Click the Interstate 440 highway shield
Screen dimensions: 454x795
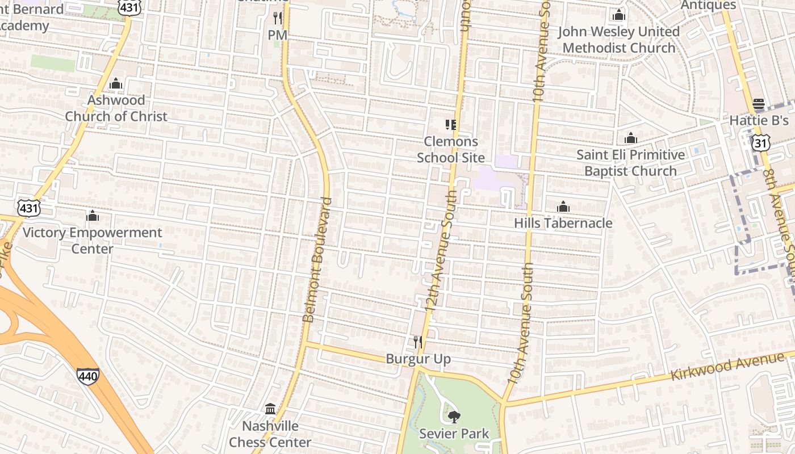(x=88, y=375)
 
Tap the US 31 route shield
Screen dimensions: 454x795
(x=761, y=142)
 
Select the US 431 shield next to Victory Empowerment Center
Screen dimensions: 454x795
(x=28, y=208)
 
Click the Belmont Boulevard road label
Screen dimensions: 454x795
(x=317, y=259)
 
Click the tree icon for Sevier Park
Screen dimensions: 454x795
(x=454, y=417)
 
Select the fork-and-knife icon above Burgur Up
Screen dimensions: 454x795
(x=418, y=342)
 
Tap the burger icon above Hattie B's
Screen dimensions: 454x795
(x=759, y=104)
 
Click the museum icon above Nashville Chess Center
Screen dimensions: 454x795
(x=270, y=409)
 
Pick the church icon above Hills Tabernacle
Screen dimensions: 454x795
(x=563, y=207)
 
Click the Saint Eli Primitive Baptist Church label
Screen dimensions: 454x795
(x=630, y=163)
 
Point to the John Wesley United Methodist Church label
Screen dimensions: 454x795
(x=619, y=40)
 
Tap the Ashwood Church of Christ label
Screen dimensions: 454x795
(x=116, y=108)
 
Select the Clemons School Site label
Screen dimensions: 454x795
(x=451, y=149)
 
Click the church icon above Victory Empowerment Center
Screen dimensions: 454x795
(x=92, y=216)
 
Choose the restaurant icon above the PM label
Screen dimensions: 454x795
(x=278, y=18)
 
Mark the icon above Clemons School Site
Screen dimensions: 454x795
(x=451, y=124)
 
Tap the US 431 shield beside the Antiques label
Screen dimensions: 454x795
(x=126, y=6)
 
